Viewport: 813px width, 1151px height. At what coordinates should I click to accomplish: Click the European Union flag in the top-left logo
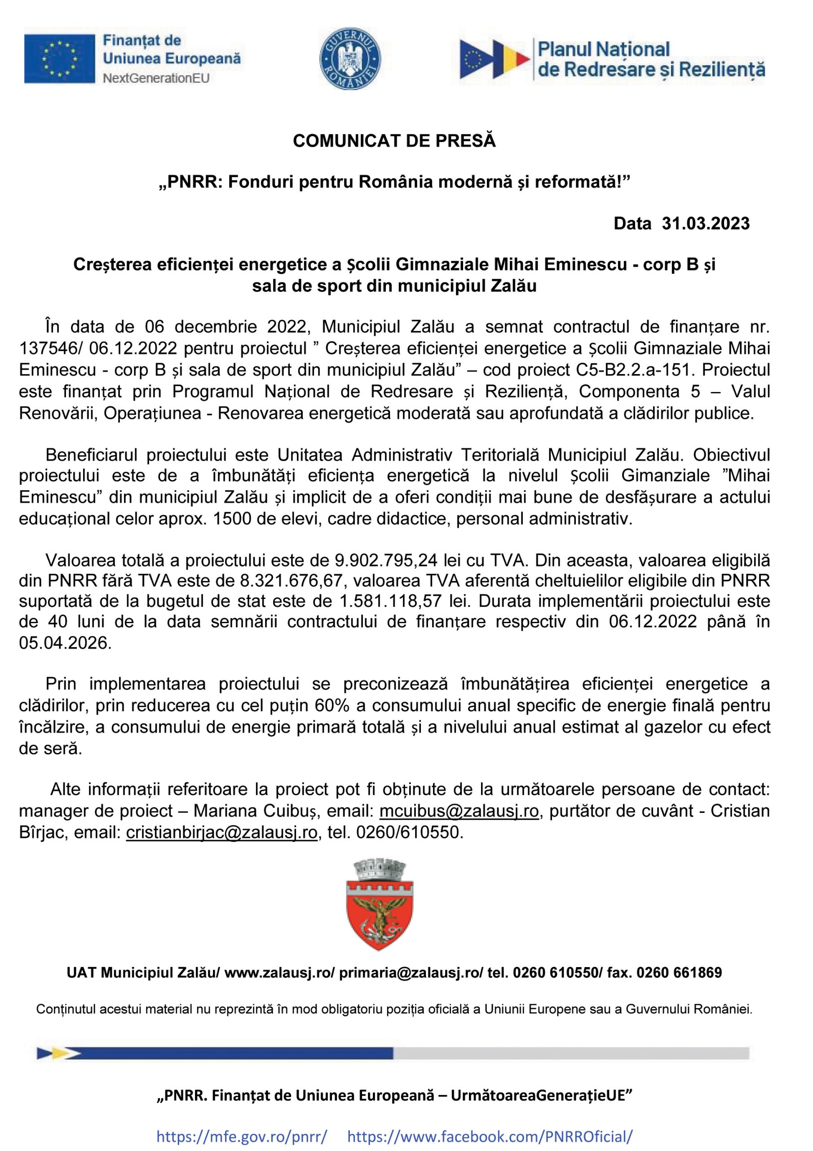pos(59,58)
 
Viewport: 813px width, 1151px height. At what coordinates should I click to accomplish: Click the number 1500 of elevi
pos(232,518)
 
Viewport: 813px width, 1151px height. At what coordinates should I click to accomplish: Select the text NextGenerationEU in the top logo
pos(156,78)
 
